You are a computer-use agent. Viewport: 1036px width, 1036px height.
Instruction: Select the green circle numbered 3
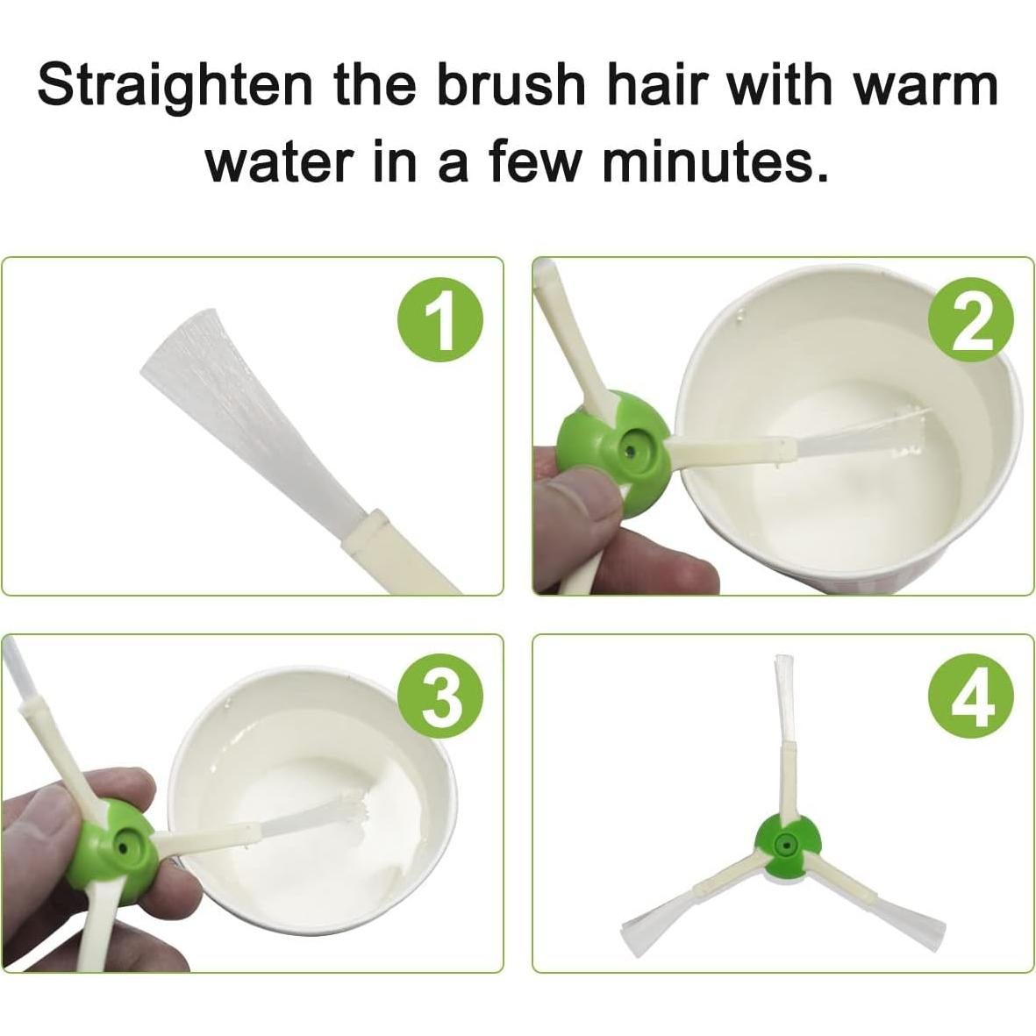(440, 700)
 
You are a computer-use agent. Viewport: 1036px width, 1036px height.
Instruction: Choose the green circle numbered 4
(971, 700)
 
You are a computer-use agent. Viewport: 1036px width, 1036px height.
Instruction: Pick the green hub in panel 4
(786, 846)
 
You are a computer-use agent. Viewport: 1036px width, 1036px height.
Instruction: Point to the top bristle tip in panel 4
(783, 658)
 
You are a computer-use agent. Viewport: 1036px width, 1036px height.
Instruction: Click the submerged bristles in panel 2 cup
(859, 432)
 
